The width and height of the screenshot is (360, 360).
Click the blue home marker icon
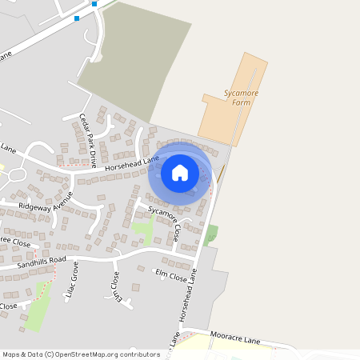click(180, 172)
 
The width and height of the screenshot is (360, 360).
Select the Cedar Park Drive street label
click(87, 139)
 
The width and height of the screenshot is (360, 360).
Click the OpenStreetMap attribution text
click(80, 354)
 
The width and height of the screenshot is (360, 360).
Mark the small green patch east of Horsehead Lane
click(211, 234)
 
